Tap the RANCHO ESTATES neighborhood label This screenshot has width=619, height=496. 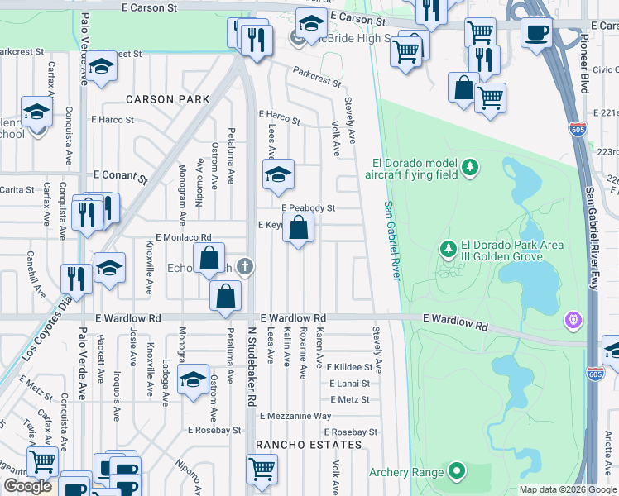click(x=309, y=445)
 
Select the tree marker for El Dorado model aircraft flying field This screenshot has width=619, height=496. click(x=470, y=169)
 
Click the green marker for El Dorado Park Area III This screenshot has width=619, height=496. click(x=449, y=248)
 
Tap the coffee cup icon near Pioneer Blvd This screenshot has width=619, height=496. click(x=536, y=33)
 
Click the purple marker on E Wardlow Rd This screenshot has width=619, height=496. click(x=572, y=319)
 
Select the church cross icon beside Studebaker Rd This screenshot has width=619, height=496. click(x=243, y=266)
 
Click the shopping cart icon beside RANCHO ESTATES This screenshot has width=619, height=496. click(x=262, y=468)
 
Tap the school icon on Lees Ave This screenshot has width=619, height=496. click(x=278, y=173)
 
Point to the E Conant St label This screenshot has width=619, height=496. click(x=120, y=176)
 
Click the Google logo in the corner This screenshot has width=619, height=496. click(x=27, y=486)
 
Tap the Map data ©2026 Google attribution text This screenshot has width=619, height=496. click(x=567, y=489)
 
